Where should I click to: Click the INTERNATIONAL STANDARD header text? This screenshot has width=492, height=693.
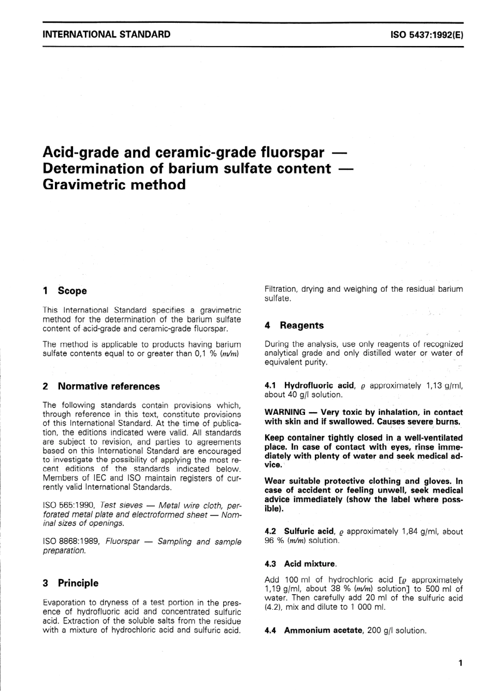[x=106, y=35]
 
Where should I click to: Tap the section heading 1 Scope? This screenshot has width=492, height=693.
[x=65, y=291]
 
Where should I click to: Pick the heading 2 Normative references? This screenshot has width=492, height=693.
[x=102, y=386]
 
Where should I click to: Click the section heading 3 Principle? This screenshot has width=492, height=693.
[x=70, y=583]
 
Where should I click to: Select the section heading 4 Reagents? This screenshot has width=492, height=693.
[x=294, y=325]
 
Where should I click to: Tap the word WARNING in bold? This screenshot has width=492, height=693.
[x=285, y=412]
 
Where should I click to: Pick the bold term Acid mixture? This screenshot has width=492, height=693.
[x=310, y=564]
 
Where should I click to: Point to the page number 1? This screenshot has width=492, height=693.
[x=460, y=662]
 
